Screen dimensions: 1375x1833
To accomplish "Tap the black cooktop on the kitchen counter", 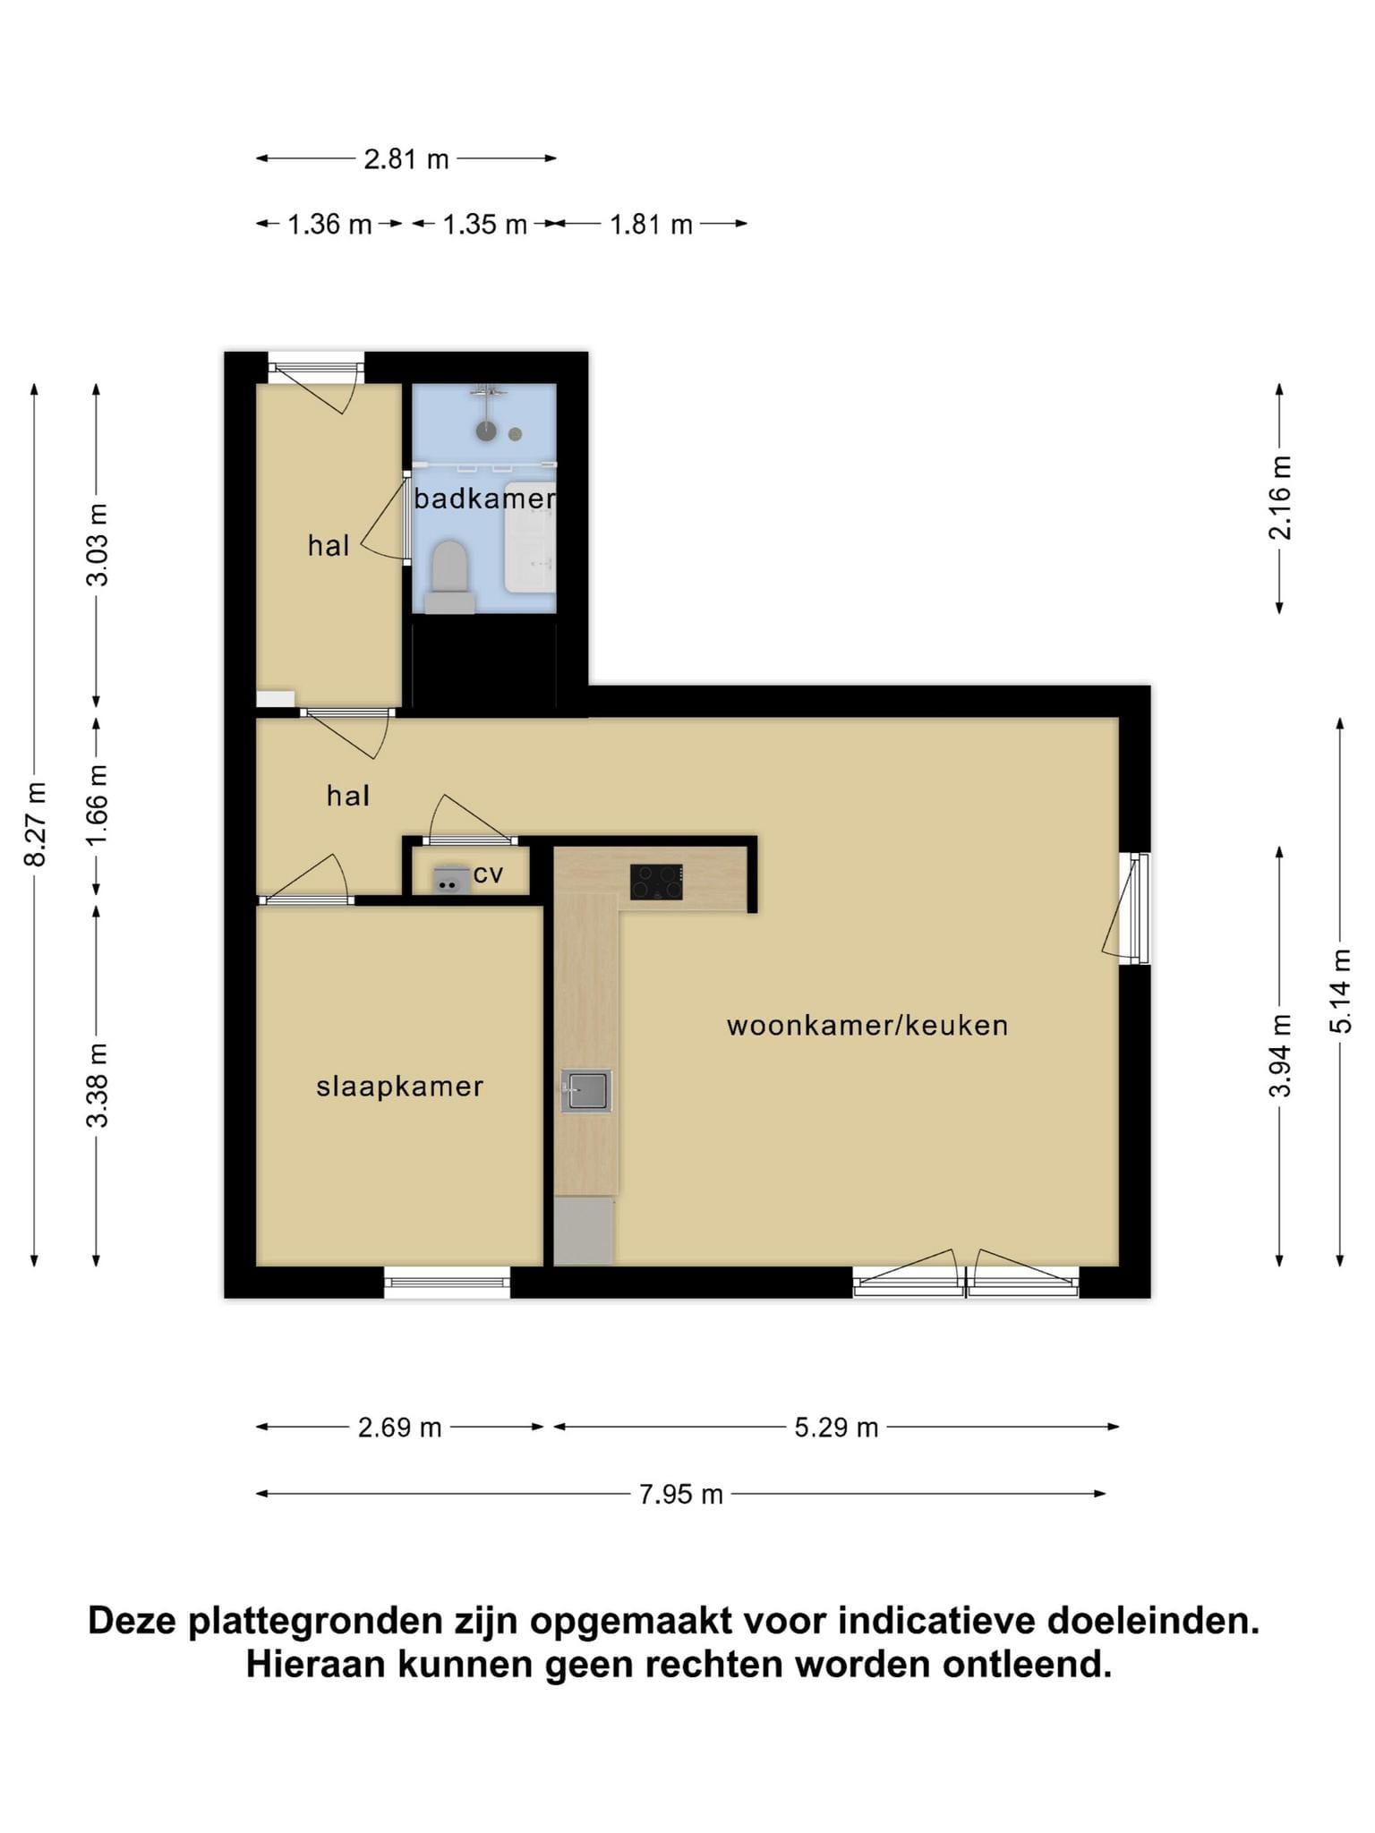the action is (x=656, y=882).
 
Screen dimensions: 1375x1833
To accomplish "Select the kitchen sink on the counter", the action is (x=586, y=1091).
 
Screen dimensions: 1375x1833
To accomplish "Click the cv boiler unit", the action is (x=451, y=880).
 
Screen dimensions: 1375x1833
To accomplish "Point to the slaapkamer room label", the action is (x=399, y=1087).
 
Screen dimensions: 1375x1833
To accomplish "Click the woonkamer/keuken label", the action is (x=867, y=1026).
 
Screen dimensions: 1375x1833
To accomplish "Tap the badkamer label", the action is (x=484, y=499).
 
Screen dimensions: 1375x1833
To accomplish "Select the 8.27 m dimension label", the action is (x=35, y=824).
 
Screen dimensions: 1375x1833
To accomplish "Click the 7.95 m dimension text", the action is (x=680, y=1495).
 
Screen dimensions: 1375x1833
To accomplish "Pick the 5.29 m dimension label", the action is (x=836, y=1428).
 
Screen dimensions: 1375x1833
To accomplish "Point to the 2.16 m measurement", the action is (x=1280, y=498).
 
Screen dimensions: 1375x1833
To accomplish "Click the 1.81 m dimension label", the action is (x=651, y=224).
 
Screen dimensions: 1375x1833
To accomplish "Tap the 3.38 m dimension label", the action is (x=97, y=1085).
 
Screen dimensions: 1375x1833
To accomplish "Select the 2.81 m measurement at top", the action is (x=406, y=159).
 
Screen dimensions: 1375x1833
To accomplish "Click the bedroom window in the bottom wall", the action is (x=448, y=1283).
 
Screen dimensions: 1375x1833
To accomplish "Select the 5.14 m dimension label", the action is (x=1341, y=991).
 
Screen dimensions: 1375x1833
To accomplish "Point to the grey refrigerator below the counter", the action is (x=584, y=1232).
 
